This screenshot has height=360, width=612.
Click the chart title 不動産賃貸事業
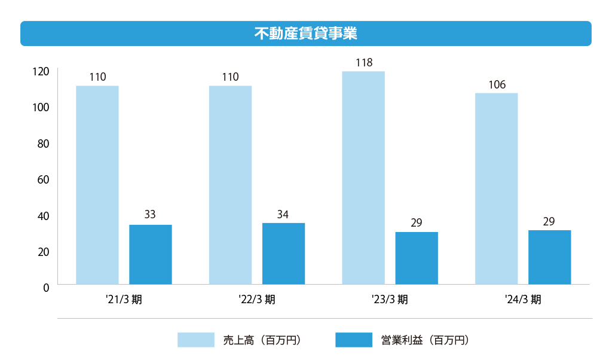pos(305,33)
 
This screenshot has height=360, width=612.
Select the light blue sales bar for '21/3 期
pos(97,185)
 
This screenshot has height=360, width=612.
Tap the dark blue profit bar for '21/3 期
pos(150,254)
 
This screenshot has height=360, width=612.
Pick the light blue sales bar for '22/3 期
pos(230,185)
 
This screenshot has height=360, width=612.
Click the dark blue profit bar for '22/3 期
pos(283,254)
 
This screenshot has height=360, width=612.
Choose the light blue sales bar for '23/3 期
pos(363,178)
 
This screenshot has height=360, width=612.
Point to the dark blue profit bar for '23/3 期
pos(417,258)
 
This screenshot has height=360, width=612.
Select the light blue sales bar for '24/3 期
pos(496,188)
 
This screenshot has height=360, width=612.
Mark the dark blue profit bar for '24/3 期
pos(549,257)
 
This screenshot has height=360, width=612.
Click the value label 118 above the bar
pos(363,63)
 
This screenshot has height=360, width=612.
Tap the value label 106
pos(497,85)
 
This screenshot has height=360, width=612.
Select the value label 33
pos(150,215)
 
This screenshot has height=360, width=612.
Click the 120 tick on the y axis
pos(41,72)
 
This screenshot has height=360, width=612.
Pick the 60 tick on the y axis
pos(43,179)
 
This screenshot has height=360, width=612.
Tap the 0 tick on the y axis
pos(45,288)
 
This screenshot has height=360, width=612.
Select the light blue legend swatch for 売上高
pos(195,340)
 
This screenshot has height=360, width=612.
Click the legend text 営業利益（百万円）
pos(424,340)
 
